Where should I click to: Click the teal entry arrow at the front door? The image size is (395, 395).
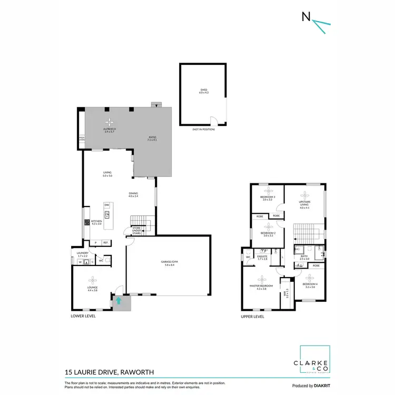(118, 301)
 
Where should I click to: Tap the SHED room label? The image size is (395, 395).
(204, 91)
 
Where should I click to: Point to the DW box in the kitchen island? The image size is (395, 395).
(106, 205)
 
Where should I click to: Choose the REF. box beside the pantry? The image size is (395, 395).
(105, 242)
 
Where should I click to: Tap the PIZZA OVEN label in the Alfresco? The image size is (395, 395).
(82, 139)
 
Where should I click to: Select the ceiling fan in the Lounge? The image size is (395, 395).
(93, 279)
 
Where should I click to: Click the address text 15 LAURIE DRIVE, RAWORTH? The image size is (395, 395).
(109, 372)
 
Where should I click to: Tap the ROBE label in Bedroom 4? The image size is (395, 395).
(316, 265)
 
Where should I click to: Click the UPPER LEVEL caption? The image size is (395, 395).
(252, 317)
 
